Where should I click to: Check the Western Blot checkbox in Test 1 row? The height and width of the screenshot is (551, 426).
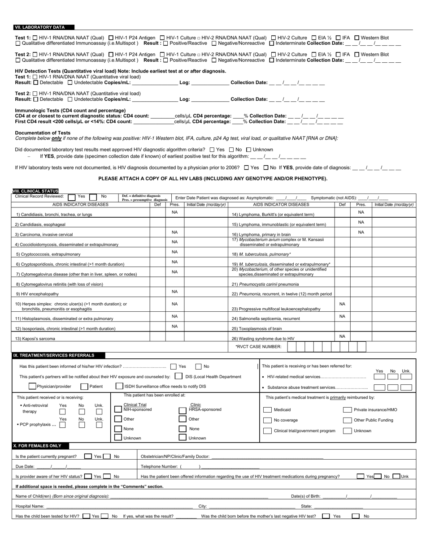(x=357, y=38)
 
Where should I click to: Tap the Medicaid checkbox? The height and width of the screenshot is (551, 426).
(x=267, y=409)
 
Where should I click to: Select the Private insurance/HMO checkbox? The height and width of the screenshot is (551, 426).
(x=347, y=409)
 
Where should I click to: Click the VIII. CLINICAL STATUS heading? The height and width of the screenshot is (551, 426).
(x=36, y=191)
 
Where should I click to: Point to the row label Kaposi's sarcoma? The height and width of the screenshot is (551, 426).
(x=36, y=339)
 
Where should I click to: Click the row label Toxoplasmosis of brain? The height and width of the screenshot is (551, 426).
(x=257, y=329)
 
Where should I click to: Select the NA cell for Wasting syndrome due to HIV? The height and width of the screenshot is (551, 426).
(x=342, y=336)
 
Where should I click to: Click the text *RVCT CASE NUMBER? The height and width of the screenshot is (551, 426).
(x=258, y=346)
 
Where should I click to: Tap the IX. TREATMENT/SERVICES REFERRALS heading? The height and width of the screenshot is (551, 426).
(x=54, y=356)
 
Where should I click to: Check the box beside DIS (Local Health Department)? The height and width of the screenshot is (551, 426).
(x=178, y=376)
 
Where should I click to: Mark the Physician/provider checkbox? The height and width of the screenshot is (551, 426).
(x=32, y=386)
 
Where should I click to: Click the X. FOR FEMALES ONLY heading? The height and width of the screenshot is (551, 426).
(x=40, y=446)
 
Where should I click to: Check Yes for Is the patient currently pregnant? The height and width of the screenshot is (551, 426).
(x=88, y=456)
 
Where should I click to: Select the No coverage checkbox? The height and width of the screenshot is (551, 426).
(x=267, y=420)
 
